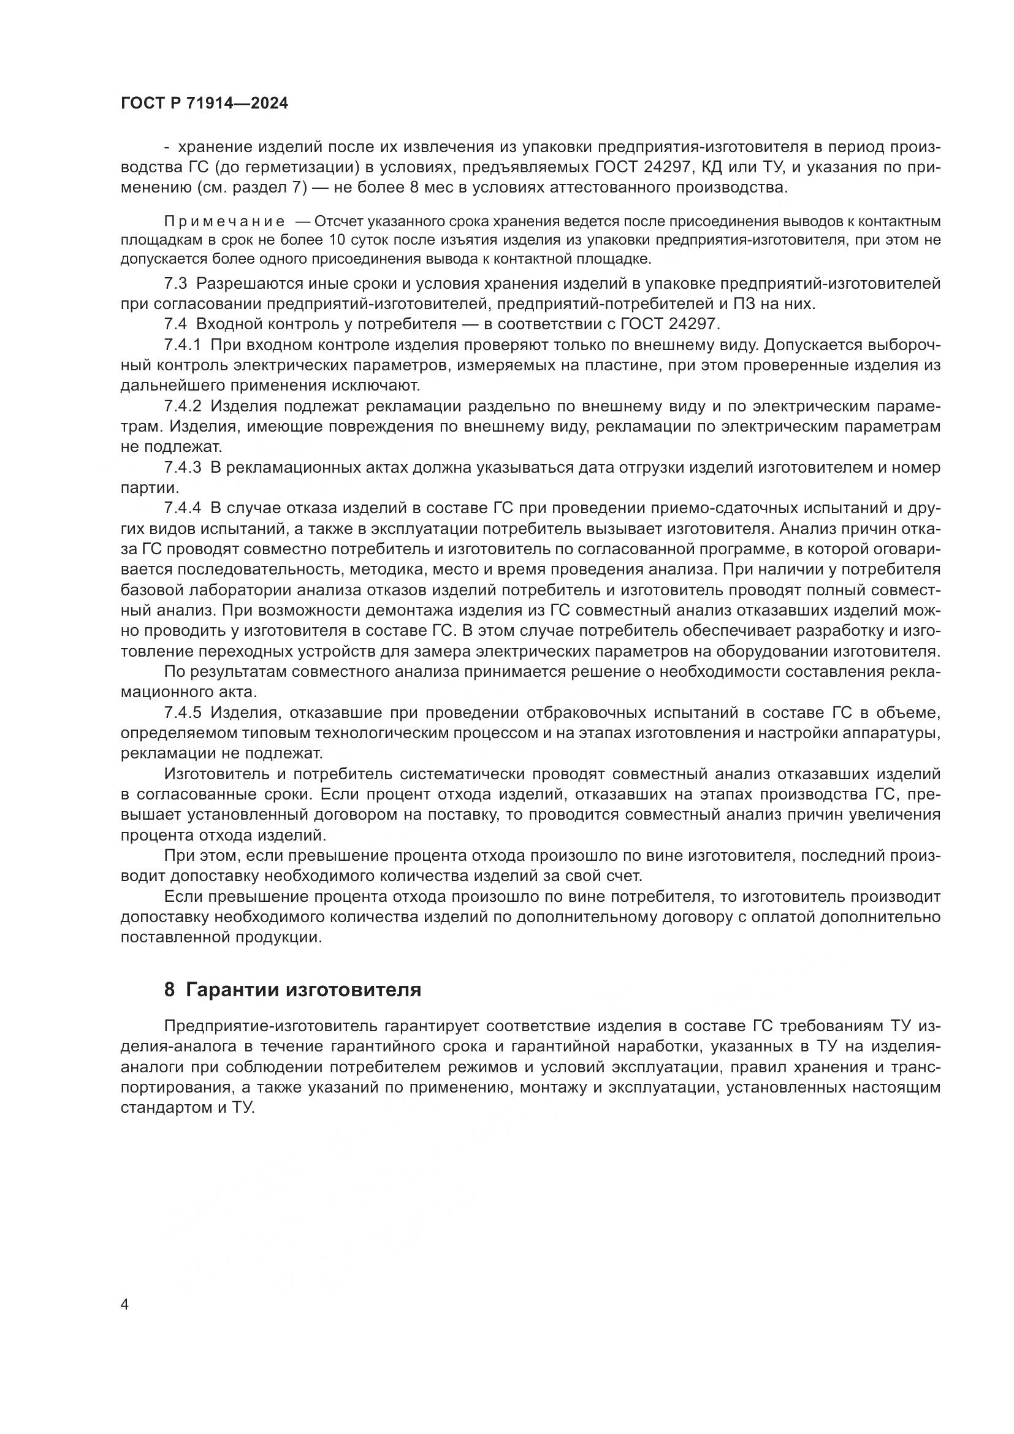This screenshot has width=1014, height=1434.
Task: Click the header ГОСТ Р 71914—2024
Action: pyautogui.click(x=204, y=104)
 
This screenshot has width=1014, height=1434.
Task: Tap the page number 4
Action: pyautogui.click(x=124, y=1304)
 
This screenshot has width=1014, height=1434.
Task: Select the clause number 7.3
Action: pyautogui.click(x=175, y=284)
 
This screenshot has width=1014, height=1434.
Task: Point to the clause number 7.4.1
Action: pyautogui.click(x=183, y=345)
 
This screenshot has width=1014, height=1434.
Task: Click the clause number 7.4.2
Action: pyautogui.click(x=183, y=406)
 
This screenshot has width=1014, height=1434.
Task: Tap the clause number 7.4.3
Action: pyautogui.click(x=183, y=467)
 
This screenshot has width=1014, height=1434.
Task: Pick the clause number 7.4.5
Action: pyautogui.click(x=183, y=712)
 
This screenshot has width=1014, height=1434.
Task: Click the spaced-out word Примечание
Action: pyautogui.click(x=224, y=222)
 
